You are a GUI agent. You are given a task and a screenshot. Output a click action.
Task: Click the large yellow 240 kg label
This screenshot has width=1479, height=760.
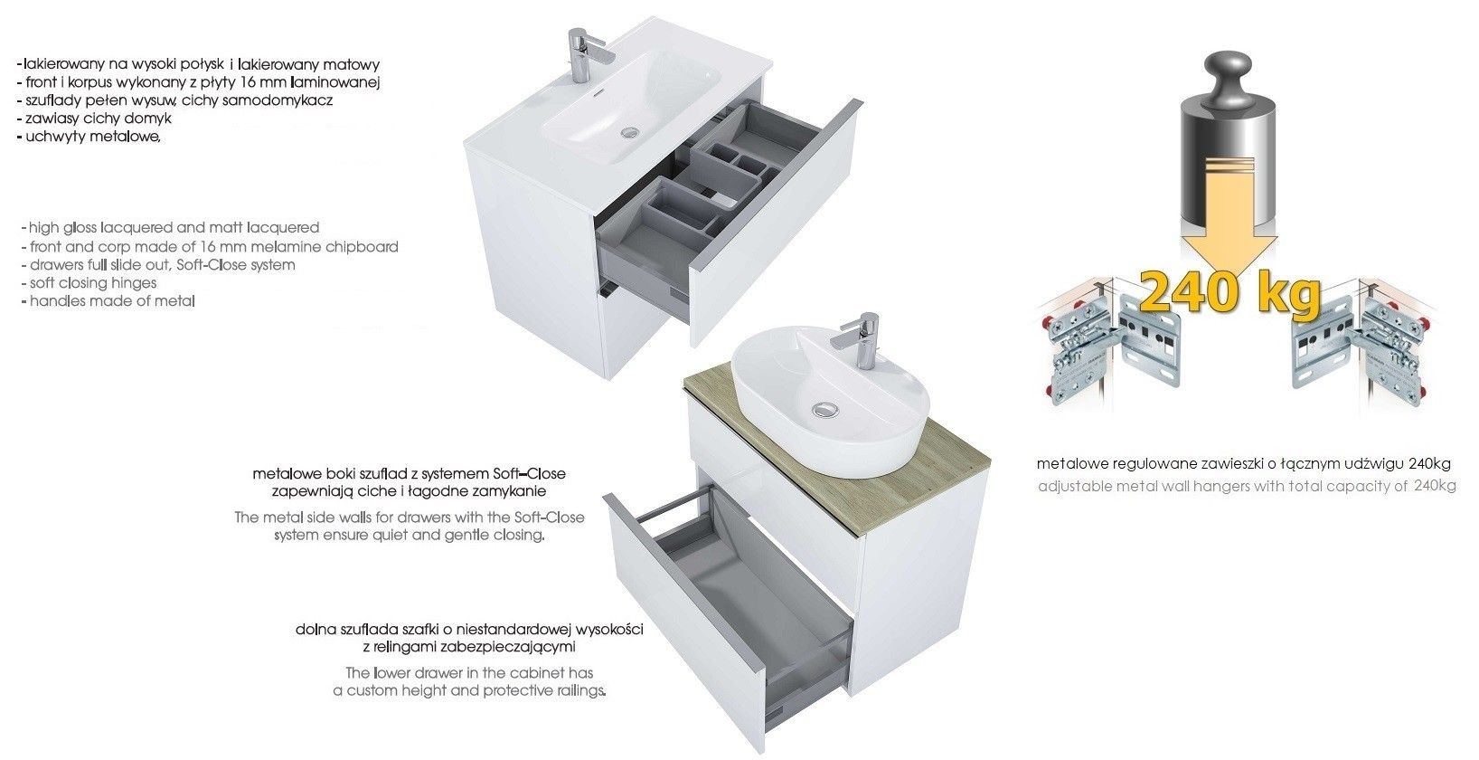(x=1229, y=293)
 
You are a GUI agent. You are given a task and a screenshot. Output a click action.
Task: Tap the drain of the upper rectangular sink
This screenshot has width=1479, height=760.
(x=628, y=131)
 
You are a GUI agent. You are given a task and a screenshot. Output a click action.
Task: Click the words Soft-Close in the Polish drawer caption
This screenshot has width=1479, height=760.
(x=530, y=474)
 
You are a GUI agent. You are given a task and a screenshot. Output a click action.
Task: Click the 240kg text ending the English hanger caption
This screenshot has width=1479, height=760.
(x=1436, y=487)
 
